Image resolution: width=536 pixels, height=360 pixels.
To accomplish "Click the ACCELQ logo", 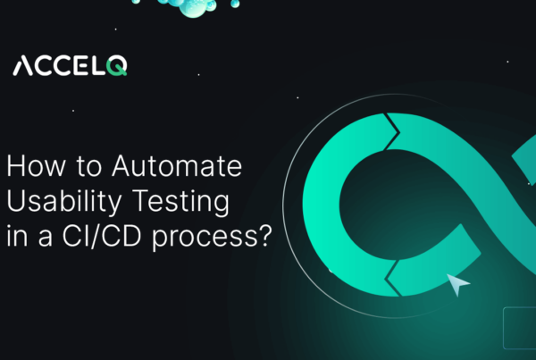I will (x=70, y=65).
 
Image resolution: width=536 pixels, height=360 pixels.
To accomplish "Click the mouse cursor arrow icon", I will (x=458, y=285).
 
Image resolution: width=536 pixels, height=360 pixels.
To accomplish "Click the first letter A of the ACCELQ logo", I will (x=24, y=66).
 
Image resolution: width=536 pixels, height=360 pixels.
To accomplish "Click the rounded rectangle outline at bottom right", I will (x=519, y=327).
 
